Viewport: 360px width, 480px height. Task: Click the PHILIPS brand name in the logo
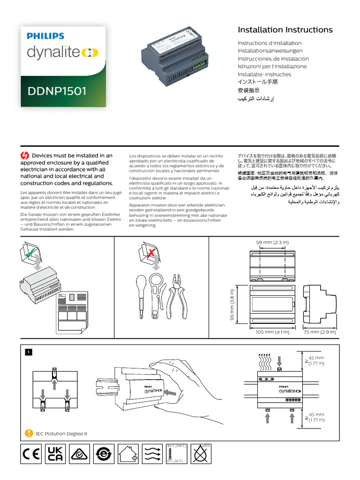[45, 36]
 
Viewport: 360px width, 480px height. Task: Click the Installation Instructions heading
[285, 30]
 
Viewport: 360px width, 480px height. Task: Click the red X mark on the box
[150, 254]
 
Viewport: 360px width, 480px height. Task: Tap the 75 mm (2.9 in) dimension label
[320, 332]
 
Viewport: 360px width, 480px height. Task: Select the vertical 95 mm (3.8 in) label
[232, 305]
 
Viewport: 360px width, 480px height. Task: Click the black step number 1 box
[29, 352]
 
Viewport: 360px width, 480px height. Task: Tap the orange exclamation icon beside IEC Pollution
[29, 433]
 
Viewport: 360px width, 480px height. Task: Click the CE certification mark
[31, 455]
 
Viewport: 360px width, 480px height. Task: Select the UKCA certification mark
[55, 455]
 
